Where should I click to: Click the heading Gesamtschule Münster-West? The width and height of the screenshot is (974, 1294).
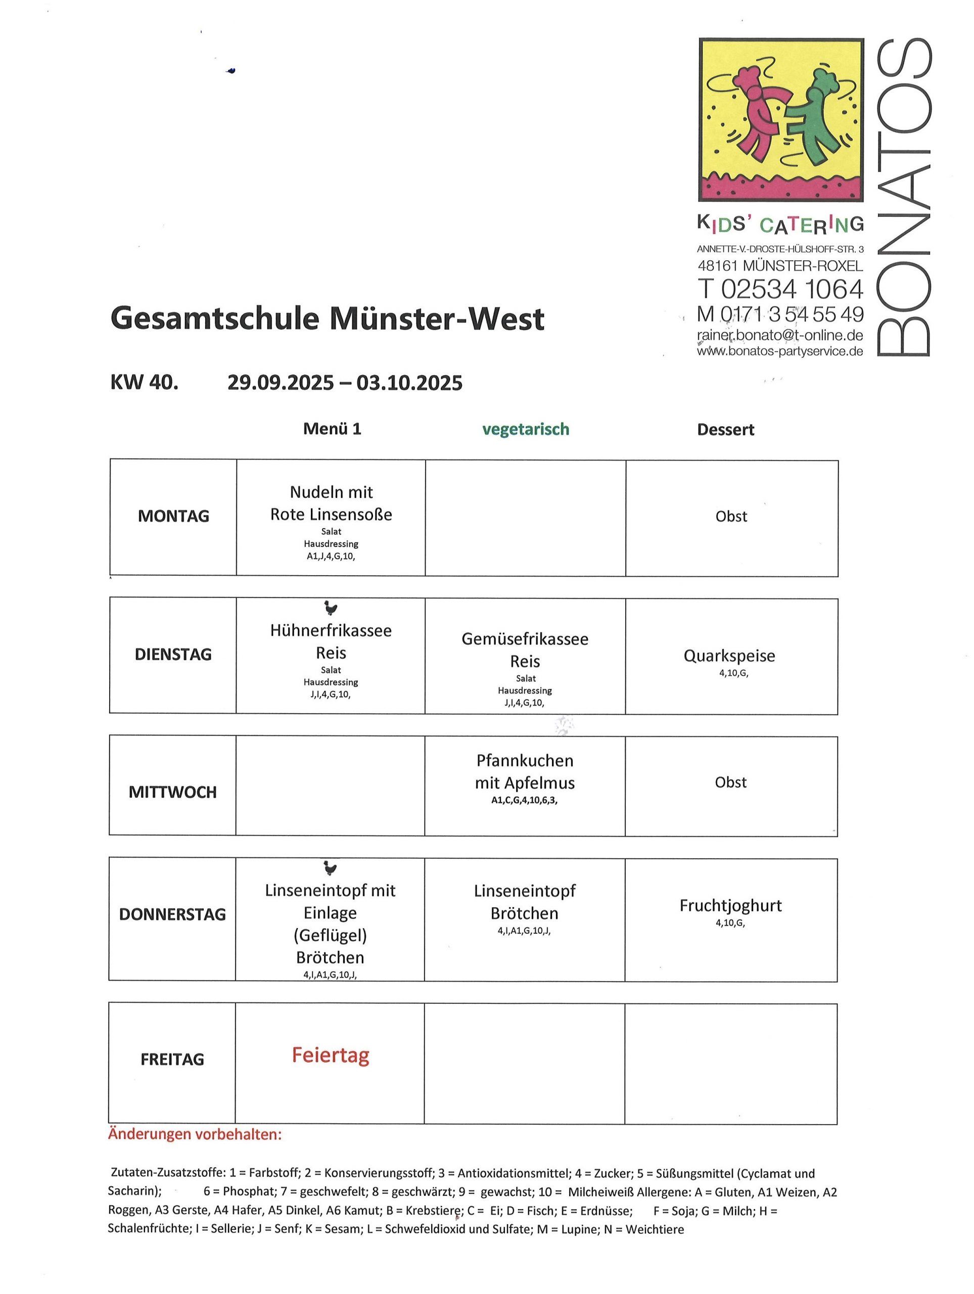(x=327, y=319)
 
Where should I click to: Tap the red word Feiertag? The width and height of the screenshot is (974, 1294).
(x=331, y=1055)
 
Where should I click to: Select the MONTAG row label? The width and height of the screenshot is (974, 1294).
(x=173, y=516)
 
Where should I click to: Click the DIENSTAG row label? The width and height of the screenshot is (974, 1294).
(x=173, y=654)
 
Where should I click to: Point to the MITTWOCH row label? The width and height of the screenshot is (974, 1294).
(x=172, y=792)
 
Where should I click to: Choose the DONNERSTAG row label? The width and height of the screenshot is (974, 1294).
(x=172, y=914)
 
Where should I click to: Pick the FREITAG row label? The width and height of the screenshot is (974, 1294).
(x=172, y=1059)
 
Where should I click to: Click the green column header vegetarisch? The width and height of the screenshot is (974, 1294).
(x=525, y=429)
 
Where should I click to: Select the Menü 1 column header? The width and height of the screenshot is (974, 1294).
(x=332, y=429)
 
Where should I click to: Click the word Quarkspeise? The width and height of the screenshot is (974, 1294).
(x=729, y=656)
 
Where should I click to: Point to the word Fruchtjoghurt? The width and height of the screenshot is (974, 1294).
(x=730, y=906)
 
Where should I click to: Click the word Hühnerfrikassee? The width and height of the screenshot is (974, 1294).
(x=331, y=631)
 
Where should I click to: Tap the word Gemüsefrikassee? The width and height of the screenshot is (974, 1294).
(x=525, y=639)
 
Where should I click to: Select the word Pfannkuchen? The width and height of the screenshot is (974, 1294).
(x=525, y=761)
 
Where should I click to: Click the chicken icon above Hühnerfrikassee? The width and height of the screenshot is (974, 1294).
(x=331, y=609)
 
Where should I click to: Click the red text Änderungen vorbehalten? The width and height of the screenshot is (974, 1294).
(x=195, y=1134)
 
